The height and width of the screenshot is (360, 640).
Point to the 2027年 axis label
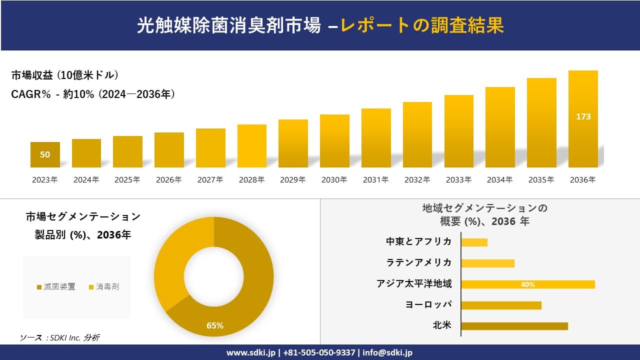click(210, 180)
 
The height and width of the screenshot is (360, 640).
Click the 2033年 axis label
click(458, 180)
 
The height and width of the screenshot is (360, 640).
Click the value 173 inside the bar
click(583, 116)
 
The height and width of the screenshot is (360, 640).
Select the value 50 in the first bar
click(45, 154)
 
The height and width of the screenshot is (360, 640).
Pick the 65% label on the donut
click(215, 326)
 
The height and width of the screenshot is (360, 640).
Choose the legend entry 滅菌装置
click(56, 286)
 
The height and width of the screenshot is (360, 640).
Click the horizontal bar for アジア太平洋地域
click(527, 284)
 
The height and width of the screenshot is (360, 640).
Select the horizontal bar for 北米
click(514, 326)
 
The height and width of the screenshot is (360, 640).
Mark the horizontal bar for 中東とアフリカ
click(474, 242)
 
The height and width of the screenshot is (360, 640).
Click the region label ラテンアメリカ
click(419, 262)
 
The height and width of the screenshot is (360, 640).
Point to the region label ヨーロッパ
click(428, 304)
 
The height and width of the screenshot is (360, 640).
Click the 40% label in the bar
click(527, 284)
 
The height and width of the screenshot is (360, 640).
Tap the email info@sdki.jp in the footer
click(387, 352)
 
